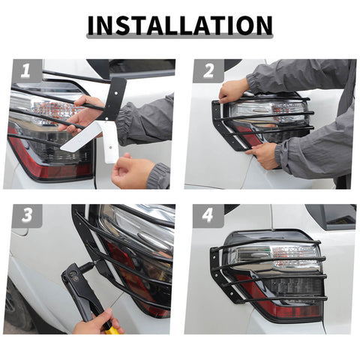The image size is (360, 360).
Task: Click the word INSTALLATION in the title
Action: click(180, 25)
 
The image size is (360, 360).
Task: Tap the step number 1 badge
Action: click(26, 71)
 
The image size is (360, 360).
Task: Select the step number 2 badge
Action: click(208, 71)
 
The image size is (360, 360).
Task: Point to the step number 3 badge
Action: click(26, 216)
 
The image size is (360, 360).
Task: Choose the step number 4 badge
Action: click(208, 216)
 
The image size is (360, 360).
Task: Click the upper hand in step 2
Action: click(233, 91)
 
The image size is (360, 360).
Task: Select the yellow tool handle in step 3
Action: click(112, 328)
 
